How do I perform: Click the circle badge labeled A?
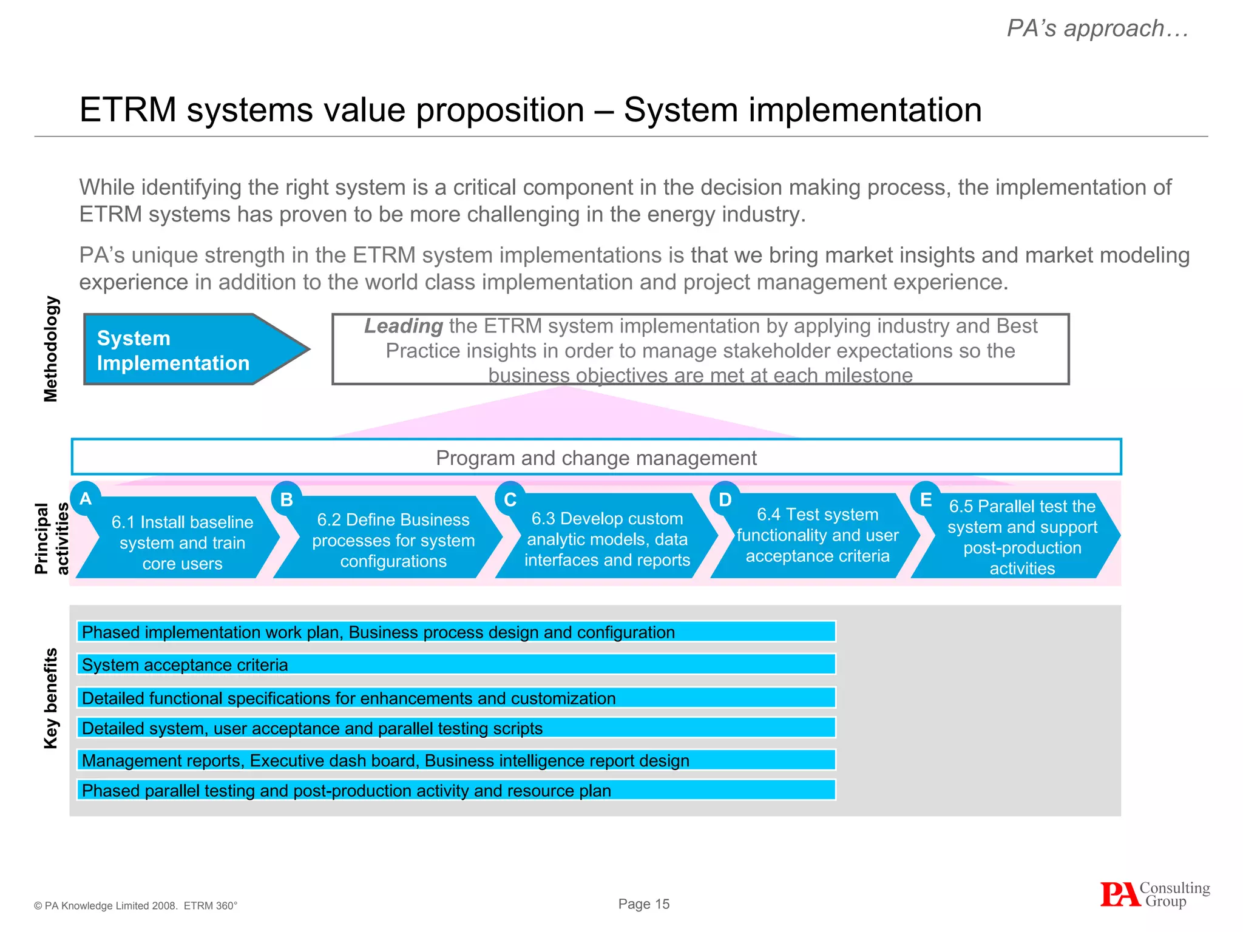coord(86,498)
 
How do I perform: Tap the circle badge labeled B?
coord(286,499)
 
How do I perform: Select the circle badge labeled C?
coord(510,499)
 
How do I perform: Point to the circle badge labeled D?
coord(725,499)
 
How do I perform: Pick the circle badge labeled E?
coord(926,499)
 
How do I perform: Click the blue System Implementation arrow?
coord(182,349)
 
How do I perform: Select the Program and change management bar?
coord(596,457)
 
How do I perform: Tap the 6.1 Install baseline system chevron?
coord(182,542)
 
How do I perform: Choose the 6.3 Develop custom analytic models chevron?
coord(607,539)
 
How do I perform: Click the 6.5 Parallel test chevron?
coord(1022,537)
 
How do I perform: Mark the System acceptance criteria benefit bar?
coord(456,664)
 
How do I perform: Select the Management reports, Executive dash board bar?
coord(456,760)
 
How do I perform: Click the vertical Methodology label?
coord(52,349)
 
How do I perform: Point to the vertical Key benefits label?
coord(52,698)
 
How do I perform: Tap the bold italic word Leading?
coord(404,326)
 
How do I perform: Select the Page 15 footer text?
coord(643,903)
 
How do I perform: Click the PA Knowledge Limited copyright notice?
coord(135,905)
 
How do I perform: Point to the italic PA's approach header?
coord(1097,29)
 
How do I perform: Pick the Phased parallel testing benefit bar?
coord(456,790)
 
